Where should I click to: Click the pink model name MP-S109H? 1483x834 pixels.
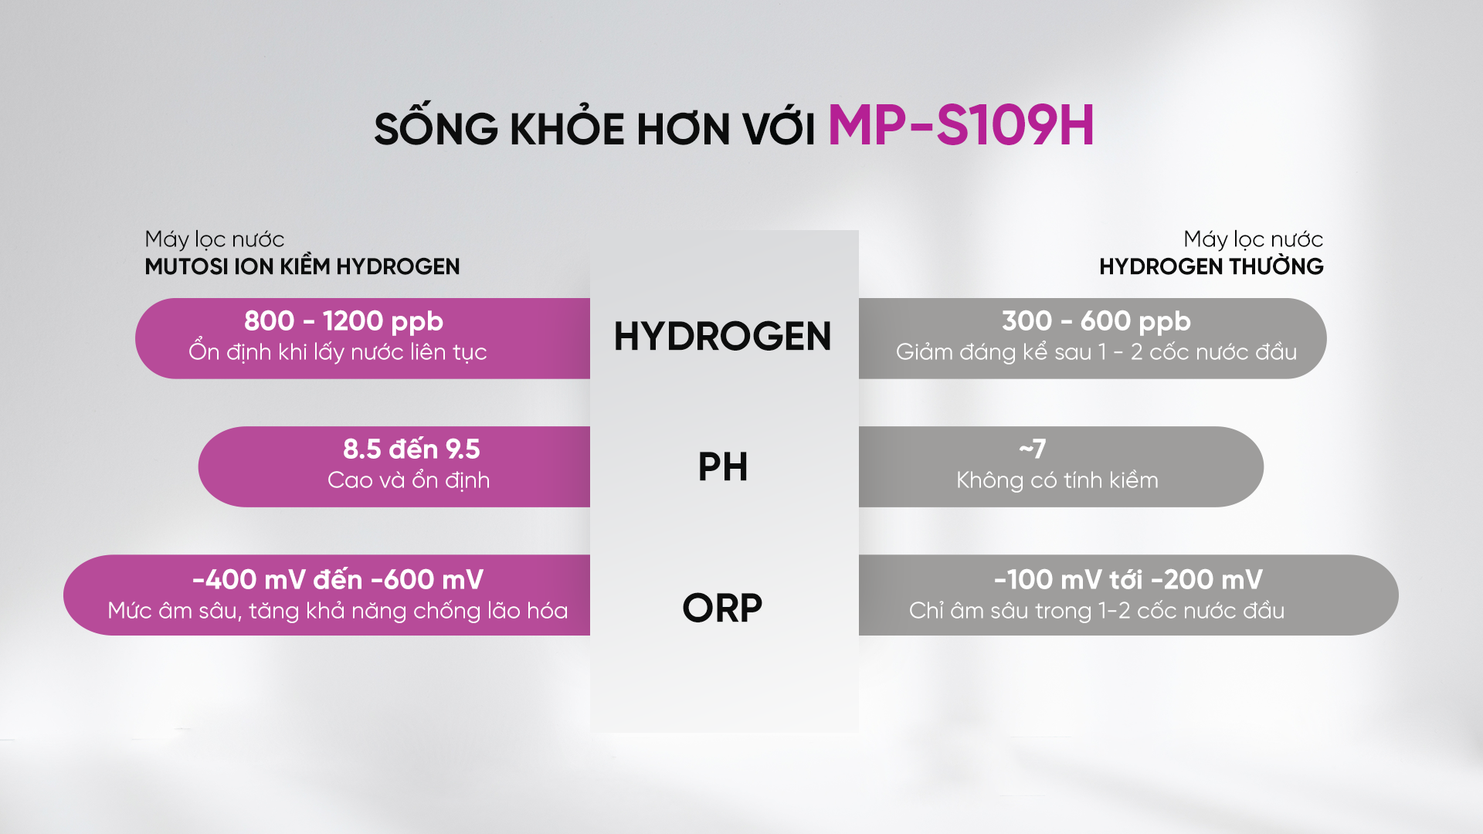(x=961, y=125)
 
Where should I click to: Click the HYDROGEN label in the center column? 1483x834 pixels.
(x=722, y=337)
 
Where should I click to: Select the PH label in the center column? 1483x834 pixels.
(x=723, y=466)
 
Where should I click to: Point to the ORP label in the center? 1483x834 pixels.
(x=722, y=608)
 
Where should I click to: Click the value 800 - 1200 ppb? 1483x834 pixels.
(x=344, y=320)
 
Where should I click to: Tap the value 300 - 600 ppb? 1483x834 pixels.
(x=1096, y=320)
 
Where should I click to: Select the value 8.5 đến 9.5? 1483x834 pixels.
(x=412, y=449)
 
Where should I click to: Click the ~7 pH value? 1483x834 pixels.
(x=1033, y=449)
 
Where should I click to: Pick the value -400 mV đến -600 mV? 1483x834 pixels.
(x=338, y=579)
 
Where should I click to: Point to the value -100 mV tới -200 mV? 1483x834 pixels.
(x=1128, y=579)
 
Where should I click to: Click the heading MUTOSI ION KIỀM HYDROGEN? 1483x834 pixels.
(x=302, y=266)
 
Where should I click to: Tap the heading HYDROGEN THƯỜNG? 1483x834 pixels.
(x=1211, y=266)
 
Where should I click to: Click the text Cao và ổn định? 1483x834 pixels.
(x=409, y=480)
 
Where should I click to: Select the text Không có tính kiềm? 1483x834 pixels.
(x=1057, y=480)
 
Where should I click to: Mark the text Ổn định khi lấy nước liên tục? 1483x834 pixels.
(x=338, y=351)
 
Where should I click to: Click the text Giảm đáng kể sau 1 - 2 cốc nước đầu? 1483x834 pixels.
(x=1096, y=352)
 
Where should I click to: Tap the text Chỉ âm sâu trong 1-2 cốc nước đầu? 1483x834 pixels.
(x=1097, y=610)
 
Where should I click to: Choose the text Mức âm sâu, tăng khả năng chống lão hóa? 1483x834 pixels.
(x=338, y=611)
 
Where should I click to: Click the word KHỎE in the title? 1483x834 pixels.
(x=567, y=126)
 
